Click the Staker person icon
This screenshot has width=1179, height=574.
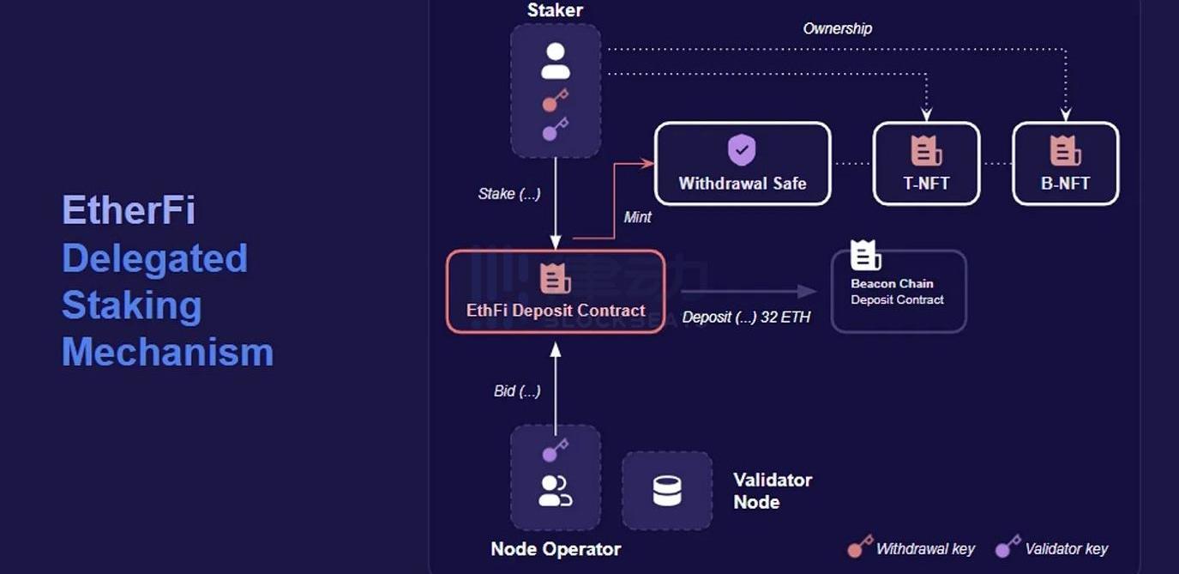coord(556,61)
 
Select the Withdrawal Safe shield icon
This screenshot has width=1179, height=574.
coord(742,149)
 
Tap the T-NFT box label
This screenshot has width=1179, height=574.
coord(926,183)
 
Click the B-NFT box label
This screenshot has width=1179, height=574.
coord(1065,183)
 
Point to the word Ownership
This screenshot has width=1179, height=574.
coord(837,28)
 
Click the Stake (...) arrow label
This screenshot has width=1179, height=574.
coord(509,194)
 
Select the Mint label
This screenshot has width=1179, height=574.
coord(637,217)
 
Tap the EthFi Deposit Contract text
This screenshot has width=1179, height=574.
coord(556,311)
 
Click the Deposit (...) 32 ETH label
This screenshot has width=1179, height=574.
coord(746,317)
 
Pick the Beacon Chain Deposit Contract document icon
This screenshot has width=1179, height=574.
coord(865,256)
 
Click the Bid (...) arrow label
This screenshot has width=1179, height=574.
coord(517,391)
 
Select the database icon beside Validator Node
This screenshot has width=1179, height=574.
coord(666,491)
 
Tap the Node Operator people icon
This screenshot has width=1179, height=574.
coord(555,491)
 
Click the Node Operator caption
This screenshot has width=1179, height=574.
coord(556,549)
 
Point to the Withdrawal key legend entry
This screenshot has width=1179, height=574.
coord(911,549)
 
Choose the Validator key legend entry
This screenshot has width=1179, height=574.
coord(1052,549)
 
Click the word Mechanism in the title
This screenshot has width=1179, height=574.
coord(167,353)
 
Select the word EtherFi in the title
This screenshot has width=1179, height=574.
coord(129,210)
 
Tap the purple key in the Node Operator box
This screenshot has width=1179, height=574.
coord(555,450)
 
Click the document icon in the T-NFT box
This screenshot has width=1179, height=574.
coord(926,151)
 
